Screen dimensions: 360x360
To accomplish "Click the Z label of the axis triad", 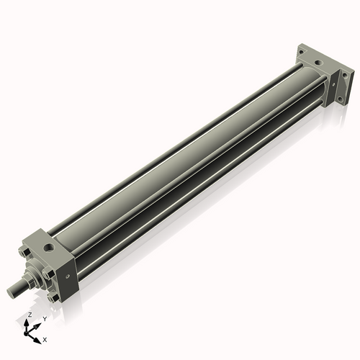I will pyautogui.click(x=29, y=315).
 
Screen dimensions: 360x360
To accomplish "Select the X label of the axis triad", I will pyautogui.click(x=45, y=338).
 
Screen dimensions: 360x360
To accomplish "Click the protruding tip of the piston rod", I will pyautogui.click(x=10, y=291).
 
